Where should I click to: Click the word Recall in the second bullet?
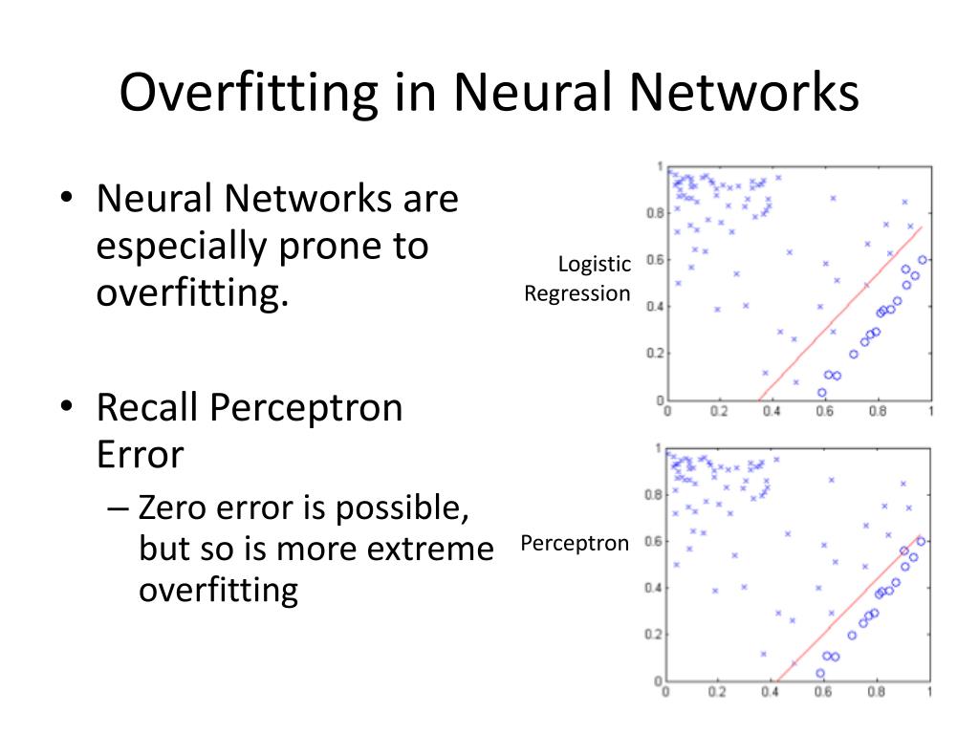pyautogui.click(x=146, y=409)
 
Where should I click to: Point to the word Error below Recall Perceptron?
pyautogui.click(x=140, y=454)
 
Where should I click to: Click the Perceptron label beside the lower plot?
pyautogui.click(x=576, y=544)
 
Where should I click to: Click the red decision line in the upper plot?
pyautogui.click(x=841, y=313)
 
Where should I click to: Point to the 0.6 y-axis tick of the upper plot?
pyautogui.click(x=653, y=260)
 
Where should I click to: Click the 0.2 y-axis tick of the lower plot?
pyautogui.click(x=653, y=635)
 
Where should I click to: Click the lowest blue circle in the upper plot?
pyautogui.click(x=821, y=392)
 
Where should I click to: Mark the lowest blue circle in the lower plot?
pyautogui.click(x=820, y=673)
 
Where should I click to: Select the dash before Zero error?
pyautogui.click(x=119, y=508)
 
